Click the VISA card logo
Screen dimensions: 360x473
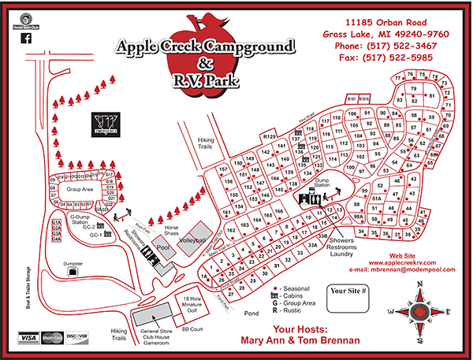tap(28, 337)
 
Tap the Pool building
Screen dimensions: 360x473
tap(162, 248)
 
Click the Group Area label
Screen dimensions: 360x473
tap(81, 190)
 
